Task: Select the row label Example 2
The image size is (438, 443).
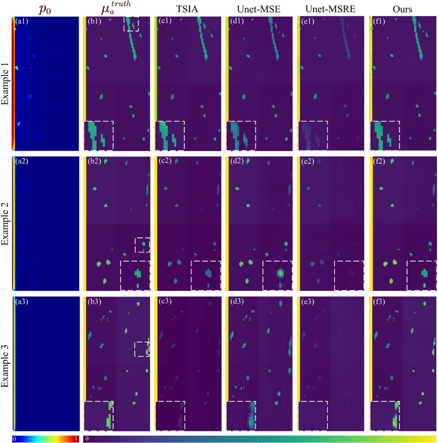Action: pos(6,223)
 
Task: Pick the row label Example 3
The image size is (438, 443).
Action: pos(6,364)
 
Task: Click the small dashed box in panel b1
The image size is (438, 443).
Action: pos(131,23)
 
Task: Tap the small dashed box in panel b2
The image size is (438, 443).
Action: pos(142,244)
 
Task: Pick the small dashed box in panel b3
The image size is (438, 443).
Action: pos(142,349)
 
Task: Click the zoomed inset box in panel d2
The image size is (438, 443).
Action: pos(278,275)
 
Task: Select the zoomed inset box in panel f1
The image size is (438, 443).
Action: pos(384,135)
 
